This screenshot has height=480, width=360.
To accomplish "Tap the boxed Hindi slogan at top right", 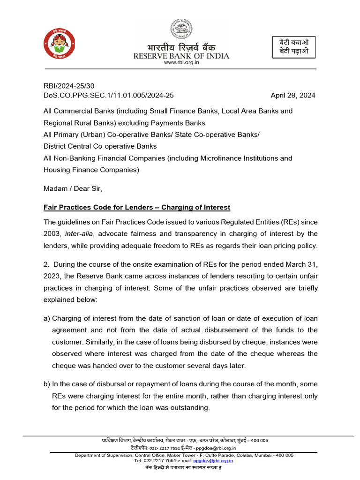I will point(294,47).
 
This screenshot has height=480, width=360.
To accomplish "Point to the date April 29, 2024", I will point(293,95).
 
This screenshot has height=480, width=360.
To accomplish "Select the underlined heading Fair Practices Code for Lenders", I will point(136,207).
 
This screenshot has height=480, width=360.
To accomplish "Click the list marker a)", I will point(47,319).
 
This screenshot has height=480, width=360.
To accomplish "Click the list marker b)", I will point(47,384).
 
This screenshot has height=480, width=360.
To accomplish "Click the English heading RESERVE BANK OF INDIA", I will point(181,56).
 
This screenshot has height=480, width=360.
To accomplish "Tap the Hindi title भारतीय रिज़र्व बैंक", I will point(181,47).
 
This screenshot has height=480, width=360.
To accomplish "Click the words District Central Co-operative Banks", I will point(100,146).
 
